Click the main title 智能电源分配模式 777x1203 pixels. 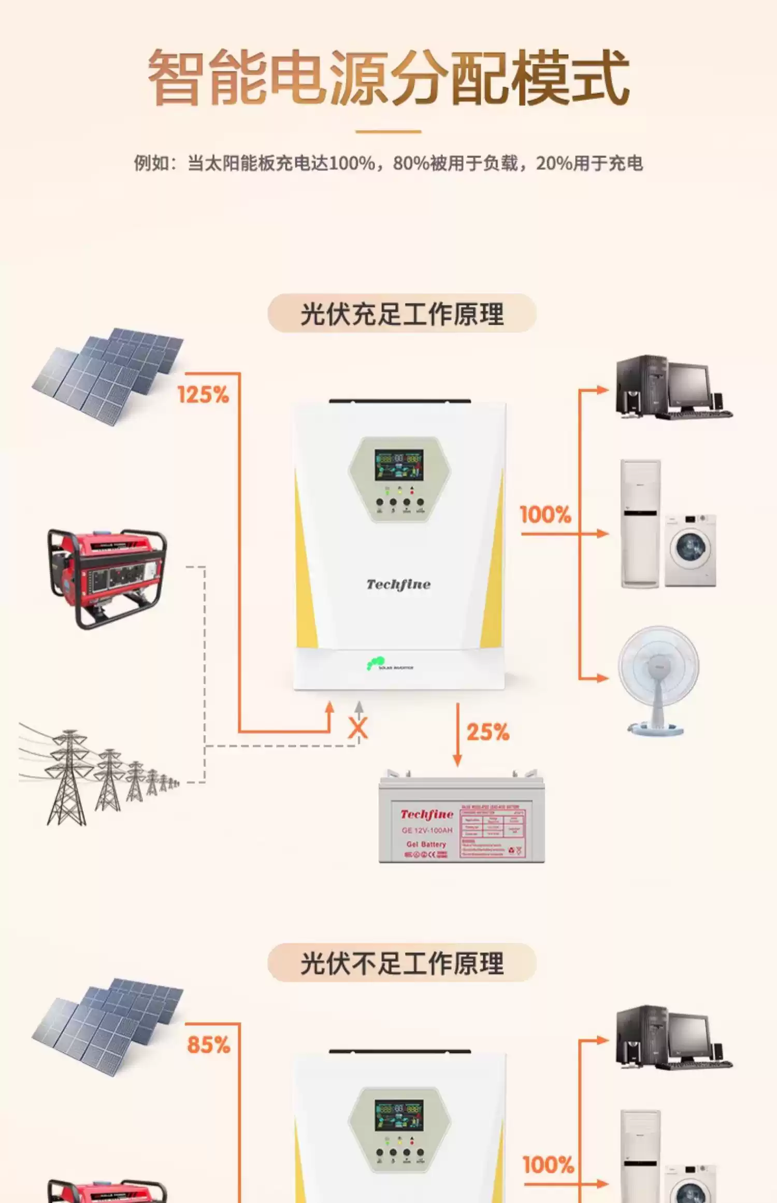(388, 78)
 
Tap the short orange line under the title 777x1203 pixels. (388, 132)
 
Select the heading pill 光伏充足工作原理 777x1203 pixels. (401, 313)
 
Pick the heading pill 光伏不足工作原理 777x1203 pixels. (401, 963)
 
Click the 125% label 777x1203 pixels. (203, 395)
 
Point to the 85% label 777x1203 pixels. (208, 1045)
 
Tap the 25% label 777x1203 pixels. (488, 732)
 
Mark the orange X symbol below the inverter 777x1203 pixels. (357, 728)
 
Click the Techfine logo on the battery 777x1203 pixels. (427, 814)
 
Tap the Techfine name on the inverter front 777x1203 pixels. (398, 584)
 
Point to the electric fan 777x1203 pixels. (658, 679)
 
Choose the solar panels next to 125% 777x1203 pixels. (109, 376)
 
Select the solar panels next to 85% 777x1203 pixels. (109, 1026)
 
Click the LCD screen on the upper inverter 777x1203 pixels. (399, 465)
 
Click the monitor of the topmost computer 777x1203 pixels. (688, 385)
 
